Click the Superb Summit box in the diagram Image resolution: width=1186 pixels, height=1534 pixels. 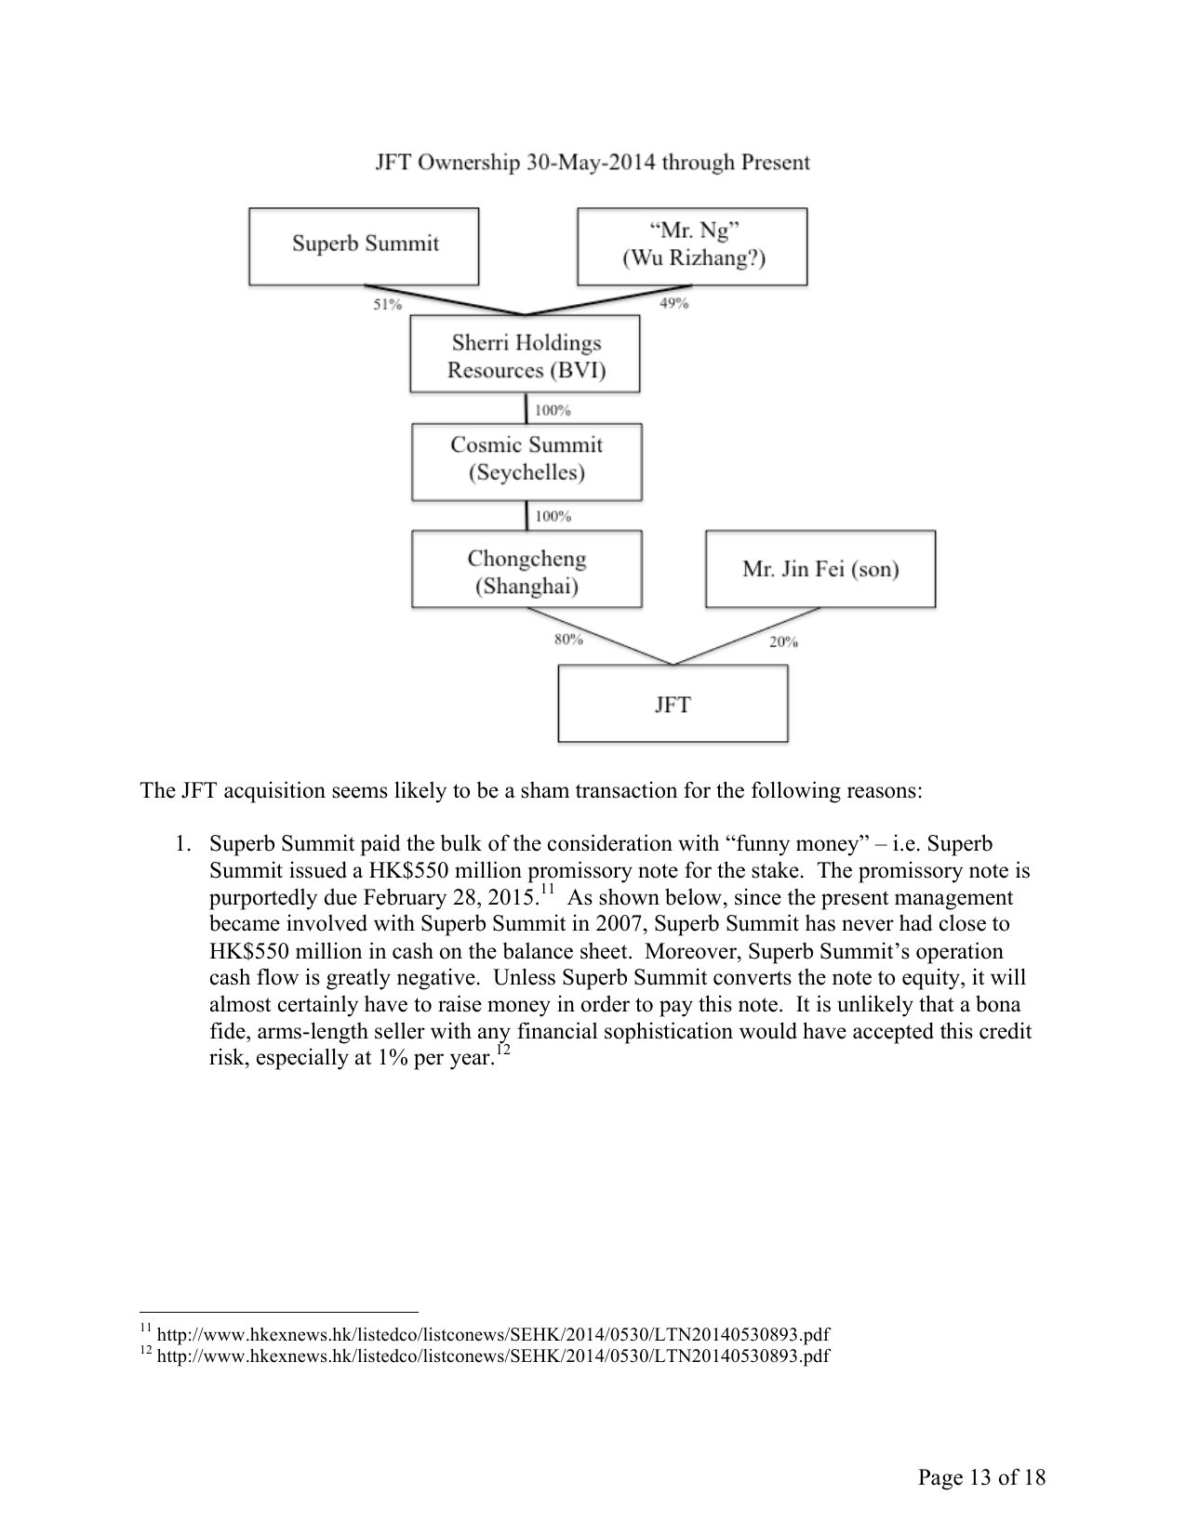pyautogui.click(x=364, y=245)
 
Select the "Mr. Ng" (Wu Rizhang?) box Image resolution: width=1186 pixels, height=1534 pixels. pyautogui.click(x=692, y=245)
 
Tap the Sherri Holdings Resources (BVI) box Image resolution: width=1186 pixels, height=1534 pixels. pyautogui.click(x=526, y=356)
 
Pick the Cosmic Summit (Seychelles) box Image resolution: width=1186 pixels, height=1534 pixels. pyautogui.click(x=526, y=459)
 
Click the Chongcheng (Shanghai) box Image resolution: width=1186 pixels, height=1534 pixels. pyautogui.click(x=526, y=571)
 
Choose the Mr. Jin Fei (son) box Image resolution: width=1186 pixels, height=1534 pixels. pyautogui.click(x=820, y=569)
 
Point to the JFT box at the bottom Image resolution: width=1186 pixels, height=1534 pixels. pyautogui.click(x=672, y=704)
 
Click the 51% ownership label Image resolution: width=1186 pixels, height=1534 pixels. pyautogui.click(x=388, y=304)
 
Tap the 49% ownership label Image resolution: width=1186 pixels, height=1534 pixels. pyautogui.click(x=673, y=303)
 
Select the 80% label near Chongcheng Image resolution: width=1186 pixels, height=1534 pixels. pyautogui.click(x=568, y=639)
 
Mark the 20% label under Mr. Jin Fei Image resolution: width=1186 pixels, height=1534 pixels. pyautogui.click(x=783, y=641)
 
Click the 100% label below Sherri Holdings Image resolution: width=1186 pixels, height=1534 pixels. pyautogui.click(x=553, y=410)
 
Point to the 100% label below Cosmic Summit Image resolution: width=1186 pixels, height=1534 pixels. pyautogui.click(x=553, y=516)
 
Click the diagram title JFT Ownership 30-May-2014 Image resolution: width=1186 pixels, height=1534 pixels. pyautogui.click(x=593, y=163)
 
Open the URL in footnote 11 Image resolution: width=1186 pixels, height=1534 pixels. pyautogui.click(x=493, y=1335)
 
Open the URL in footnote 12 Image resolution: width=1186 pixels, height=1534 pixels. pyautogui.click(x=493, y=1355)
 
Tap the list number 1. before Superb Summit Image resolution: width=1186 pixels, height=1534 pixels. pyautogui.click(x=183, y=844)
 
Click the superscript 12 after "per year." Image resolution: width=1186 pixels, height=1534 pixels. pyautogui.click(x=503, y=1051)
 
